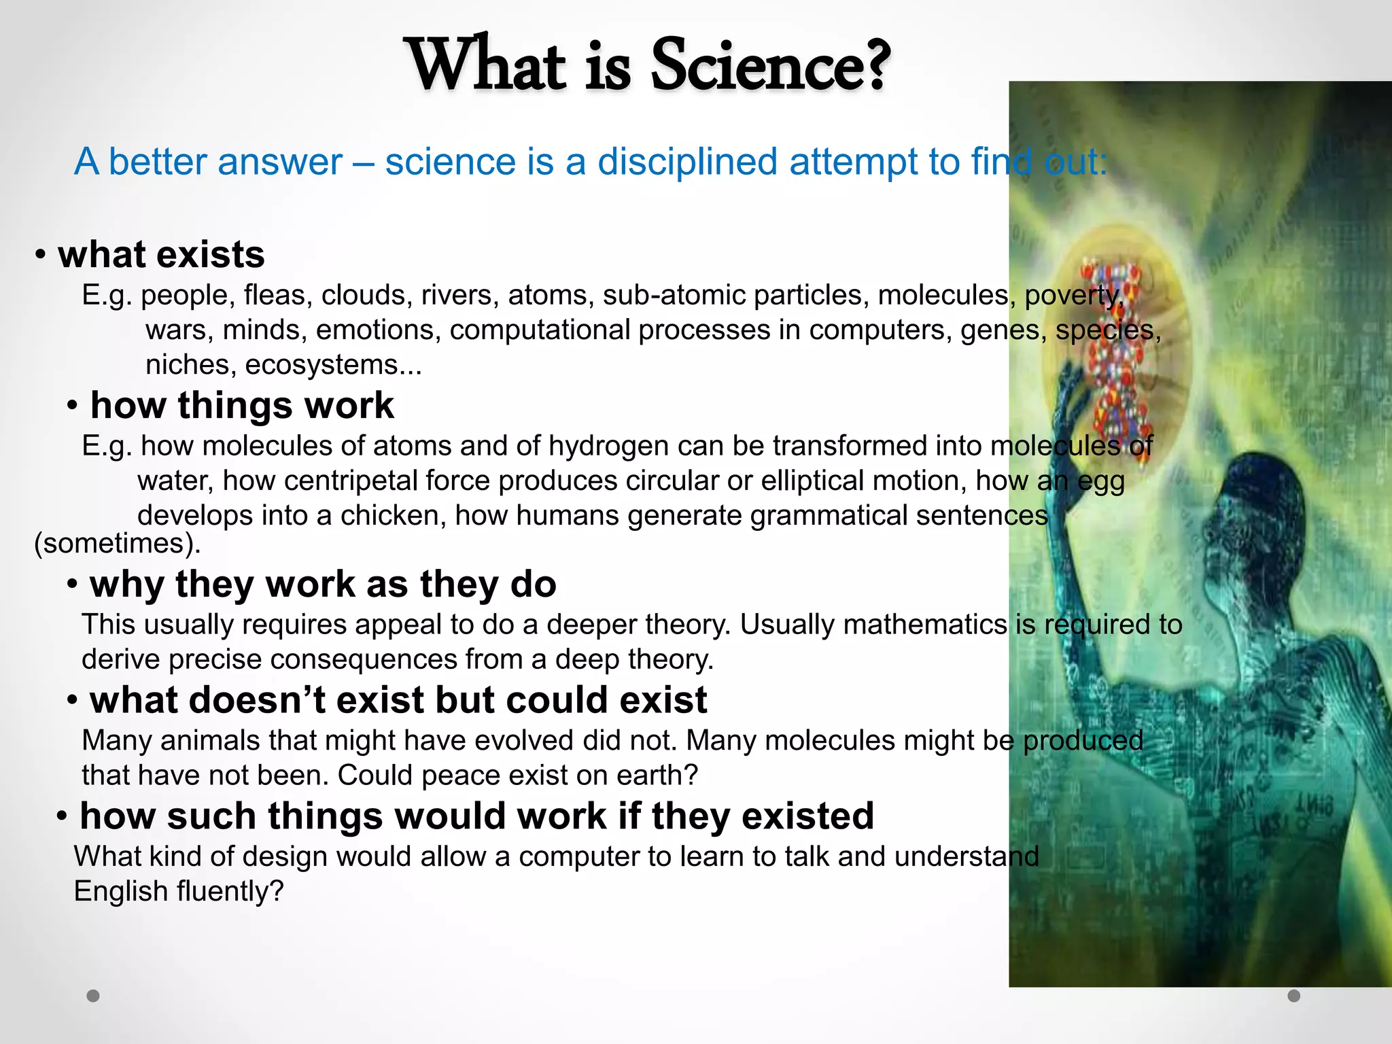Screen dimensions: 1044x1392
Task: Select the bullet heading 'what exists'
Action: (161, 255)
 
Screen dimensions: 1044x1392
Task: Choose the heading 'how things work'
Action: (241, 406)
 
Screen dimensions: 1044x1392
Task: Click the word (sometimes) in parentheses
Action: (117, 543)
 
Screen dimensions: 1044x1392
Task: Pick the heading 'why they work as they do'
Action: (323, 585)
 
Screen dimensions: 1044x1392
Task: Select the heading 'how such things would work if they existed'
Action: (476, 816)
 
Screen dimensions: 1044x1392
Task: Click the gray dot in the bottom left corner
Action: (93, 996)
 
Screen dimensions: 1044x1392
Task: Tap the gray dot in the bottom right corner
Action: (1294, 996)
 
